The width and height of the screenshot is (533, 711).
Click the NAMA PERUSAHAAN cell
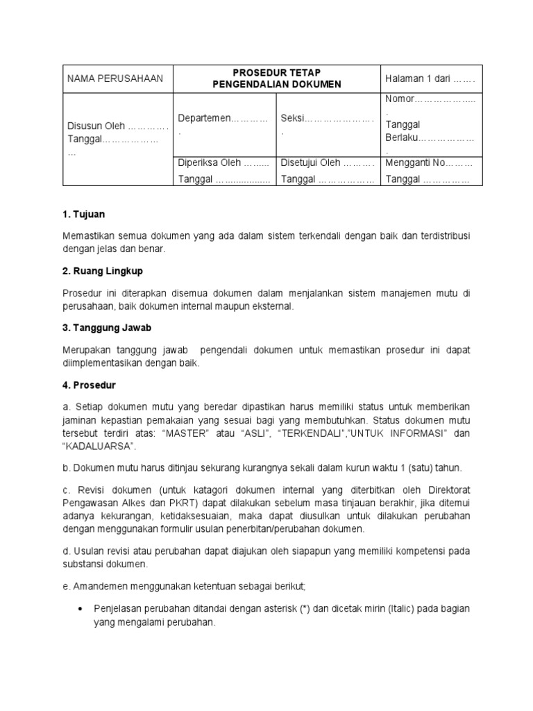coord(115,78)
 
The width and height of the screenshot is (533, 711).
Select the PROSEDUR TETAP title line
coord(276,72)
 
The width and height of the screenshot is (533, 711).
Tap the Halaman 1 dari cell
coord(430,78)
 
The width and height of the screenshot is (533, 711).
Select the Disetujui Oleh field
coord(310,163)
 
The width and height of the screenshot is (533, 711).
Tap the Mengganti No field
coord(414,163)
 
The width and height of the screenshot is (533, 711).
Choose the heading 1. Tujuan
coord(85,215)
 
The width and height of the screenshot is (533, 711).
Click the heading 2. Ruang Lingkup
coord(103,270)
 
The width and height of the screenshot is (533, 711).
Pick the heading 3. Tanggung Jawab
coord(107,326)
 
